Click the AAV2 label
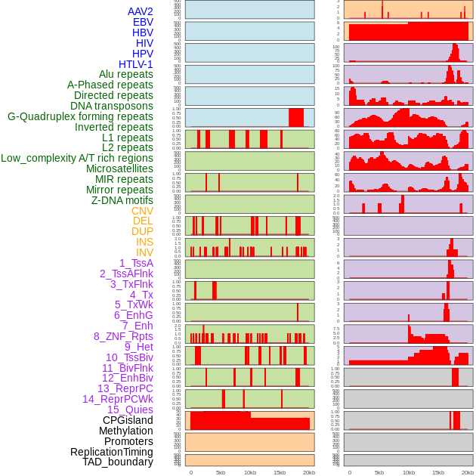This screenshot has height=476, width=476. coord(140,11)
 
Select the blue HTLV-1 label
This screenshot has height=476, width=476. coord(135,64)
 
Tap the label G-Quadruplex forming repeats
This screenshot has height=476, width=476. coord(80,116)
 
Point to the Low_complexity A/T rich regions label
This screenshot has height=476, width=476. coord(77,158)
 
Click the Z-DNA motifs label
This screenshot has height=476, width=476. coord(122,200)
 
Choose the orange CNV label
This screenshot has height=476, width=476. coord(142,211)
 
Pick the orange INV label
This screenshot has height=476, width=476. coord(144,252)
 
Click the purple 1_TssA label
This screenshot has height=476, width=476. coord(136,263)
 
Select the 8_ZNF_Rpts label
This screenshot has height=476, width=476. coord(123,336)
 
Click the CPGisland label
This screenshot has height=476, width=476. coord(128,420)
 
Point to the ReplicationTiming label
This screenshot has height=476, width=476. coord(111,452)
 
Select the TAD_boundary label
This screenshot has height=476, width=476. coord(118,462)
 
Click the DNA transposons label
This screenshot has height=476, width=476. coord(112,106)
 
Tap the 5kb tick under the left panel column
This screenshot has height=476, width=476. coord(221,472)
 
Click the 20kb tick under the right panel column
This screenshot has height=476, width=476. coord(468,472)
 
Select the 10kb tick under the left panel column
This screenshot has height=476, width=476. coord(250,472)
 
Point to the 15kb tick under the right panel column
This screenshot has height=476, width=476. coord(438,472)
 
